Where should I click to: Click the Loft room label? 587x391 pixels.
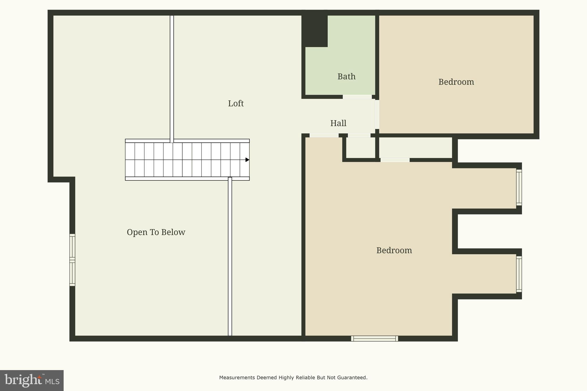[236, 103]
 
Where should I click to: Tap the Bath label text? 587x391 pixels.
[346, 76]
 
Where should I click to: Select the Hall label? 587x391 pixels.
[338, 123]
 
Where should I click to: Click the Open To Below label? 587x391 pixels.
[156, 232]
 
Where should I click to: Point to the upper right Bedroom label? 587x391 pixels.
[456, 82]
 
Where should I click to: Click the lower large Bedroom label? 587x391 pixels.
[394, 250]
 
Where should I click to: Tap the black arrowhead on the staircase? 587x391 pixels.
[247, 160]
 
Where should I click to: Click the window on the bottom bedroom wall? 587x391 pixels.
[374, 339]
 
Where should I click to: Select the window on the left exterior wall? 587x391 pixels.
[72, 260]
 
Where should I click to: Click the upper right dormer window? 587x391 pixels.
[519, 188]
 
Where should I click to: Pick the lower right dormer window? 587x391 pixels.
[519, 274]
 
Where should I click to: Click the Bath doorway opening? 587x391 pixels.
[357, 97]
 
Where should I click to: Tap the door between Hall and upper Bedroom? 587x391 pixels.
[377, 114]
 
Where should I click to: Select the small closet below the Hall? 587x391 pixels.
[361, 148]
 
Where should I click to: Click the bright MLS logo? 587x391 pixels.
[32, 380]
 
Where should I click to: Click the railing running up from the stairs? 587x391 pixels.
[172, 77]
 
